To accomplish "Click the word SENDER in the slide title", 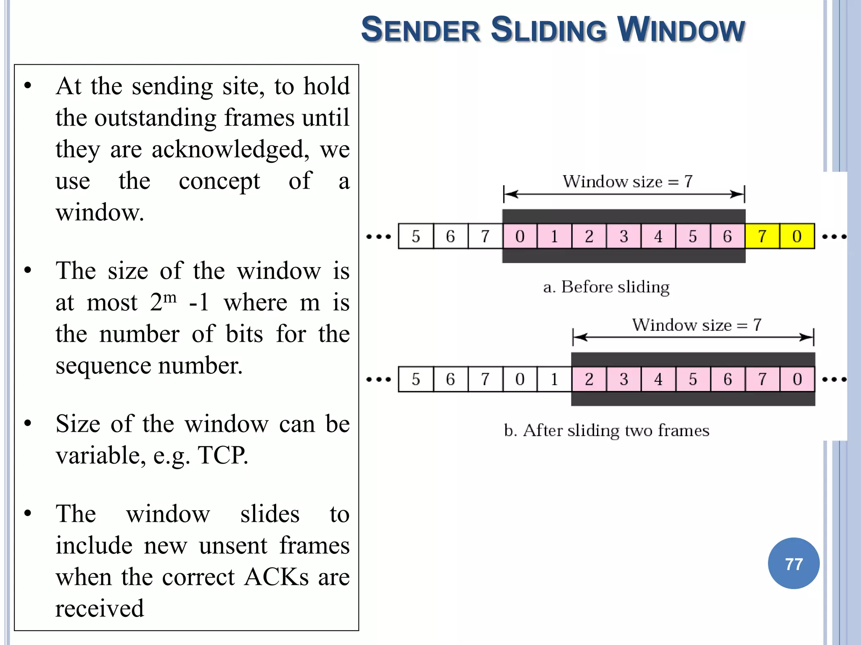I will (x=420, y=30).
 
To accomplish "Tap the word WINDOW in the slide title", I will (x=681, y=30).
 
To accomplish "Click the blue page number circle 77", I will (x=793, y=564).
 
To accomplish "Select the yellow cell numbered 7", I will (x=762, y=236).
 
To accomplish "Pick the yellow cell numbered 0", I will (x=797, y=236).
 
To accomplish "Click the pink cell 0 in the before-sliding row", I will (x=520, y=236).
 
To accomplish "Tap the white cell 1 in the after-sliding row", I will (x=554, y=380).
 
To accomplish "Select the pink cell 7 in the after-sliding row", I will (x=762, y=380).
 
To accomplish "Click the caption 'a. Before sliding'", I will (x=606, y=287).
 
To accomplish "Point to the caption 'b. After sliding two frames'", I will (x=606, y=430).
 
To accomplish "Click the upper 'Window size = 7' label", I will (x=627, y=181).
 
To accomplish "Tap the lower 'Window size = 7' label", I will (x=697, y=325).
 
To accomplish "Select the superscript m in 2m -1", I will (x=169, y=297).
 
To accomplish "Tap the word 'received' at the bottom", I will (x=100, y=608).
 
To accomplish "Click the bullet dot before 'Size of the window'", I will (x=28, y=423).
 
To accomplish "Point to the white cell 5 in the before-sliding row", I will (x=415, y=236).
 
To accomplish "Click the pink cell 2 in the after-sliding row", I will (x=589, y=380).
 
